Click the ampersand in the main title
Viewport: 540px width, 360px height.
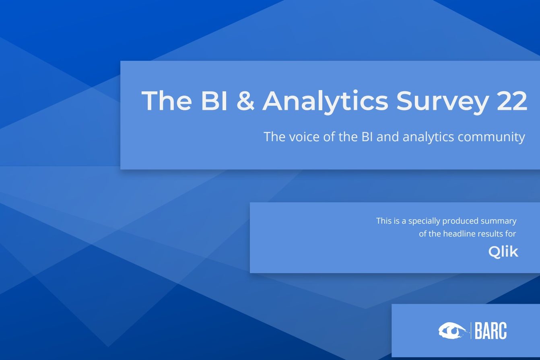point(245,100)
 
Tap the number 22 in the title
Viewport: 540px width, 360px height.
point(512,101)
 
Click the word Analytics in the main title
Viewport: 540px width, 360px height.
point(326,101)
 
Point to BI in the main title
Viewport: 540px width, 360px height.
point(214,101)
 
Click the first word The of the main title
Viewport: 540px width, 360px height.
point(167,100)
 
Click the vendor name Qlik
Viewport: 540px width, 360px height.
point(503,252)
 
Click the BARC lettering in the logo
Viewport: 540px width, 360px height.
point(491,331)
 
